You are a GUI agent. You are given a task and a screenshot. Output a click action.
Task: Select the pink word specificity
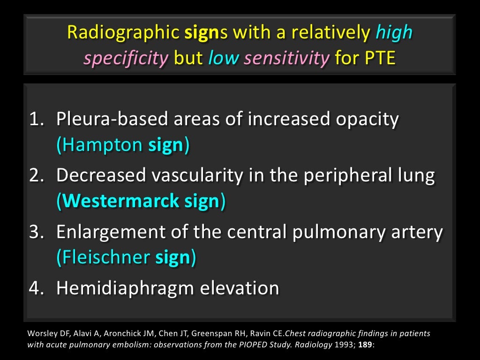(x=126, y=58)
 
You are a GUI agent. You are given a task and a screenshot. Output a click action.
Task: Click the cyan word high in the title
(x=394, y=33)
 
